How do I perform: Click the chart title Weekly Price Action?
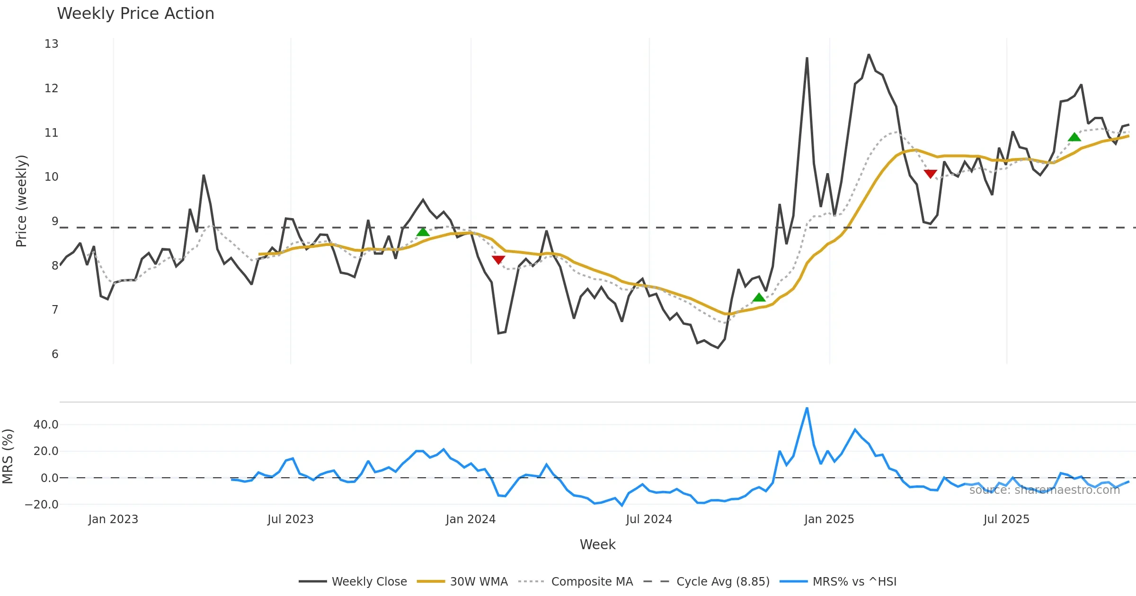click(x=135, y=14)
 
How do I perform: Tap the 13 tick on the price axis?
click(x=52, y=44)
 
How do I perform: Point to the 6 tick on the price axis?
click(x=55, y=354)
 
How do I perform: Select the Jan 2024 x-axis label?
click(x=470, y=519)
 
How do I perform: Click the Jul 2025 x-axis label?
click(x=1006, y=519)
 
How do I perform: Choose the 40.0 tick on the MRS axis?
click(x=46, y=425)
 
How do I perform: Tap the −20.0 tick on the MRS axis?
click(x=42, y=505)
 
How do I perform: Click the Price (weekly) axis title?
click(x=21, y=201)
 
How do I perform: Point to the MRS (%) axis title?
click(x=8, y=456)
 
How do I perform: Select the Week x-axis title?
click(x=597, y=545)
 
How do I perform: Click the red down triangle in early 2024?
click(x=498, y=260)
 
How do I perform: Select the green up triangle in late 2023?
click(x=423, y=232)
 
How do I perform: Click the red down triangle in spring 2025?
click(x=931, y=174)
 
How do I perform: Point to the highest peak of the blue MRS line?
click(x=807, y=408)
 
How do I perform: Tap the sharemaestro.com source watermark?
click(x=1044, y=490)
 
